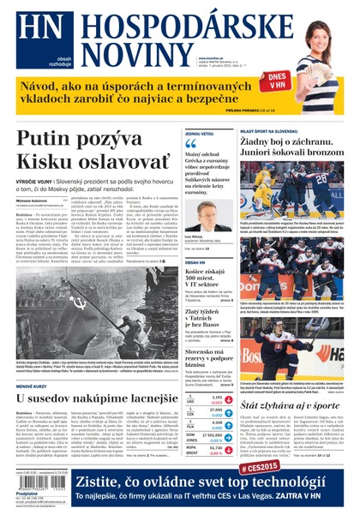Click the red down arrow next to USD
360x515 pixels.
click(x=193, y=402)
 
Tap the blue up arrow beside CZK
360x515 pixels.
click(x=193, y=414)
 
